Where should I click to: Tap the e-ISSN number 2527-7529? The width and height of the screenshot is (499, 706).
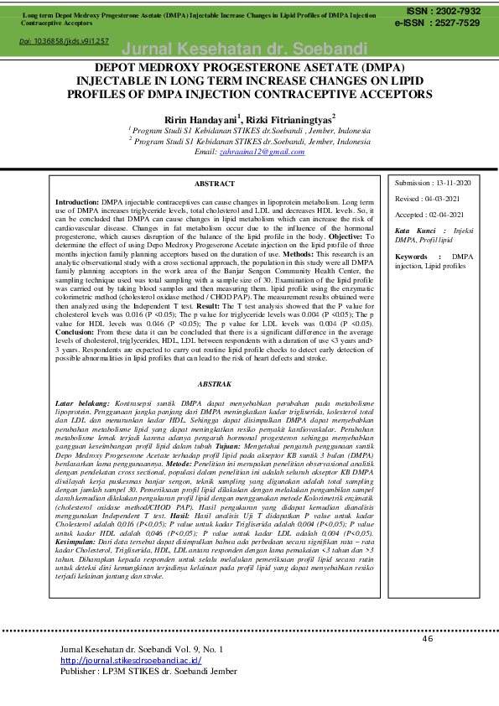(x=454, y=23)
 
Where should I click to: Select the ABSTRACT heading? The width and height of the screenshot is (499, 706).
(x=214, y=183)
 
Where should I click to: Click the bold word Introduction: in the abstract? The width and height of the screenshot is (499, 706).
(x=77, y=203)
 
